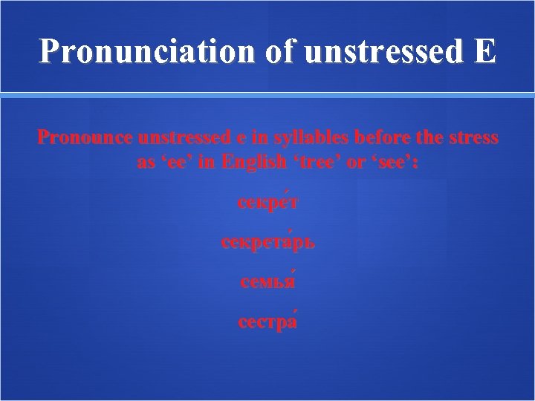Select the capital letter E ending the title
click(x=485, y=51)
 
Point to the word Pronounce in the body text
click(x=83, y=139)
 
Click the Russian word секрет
click(x=267, y=202)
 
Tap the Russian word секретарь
click(x=267, y=243)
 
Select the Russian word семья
click(x=267, y=283)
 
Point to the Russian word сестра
click(x=267, y=323)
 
